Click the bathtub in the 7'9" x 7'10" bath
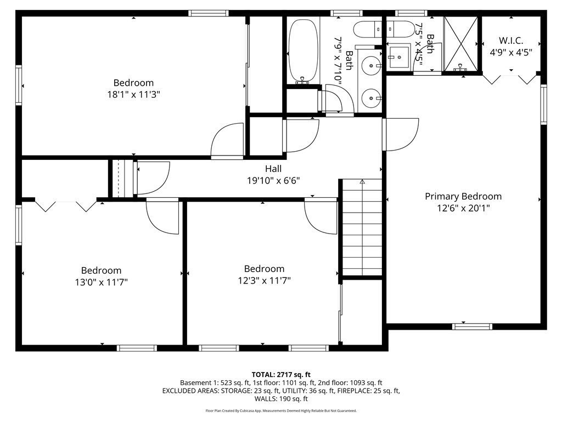tap(303, 51)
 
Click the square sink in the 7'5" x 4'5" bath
tap(398, 55)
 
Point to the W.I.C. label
tap(511, 41)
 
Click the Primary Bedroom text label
tap(463, 196)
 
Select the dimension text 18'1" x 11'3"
tap(134, 95)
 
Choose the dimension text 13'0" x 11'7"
tap(101, 282)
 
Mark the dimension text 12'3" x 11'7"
tap(264, 281)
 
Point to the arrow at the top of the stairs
tap(362, 181)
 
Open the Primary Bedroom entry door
tap(401, 135)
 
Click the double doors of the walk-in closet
tap(510, 78)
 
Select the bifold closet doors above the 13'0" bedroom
tap(65, 206)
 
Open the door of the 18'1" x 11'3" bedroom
tap(226, 142)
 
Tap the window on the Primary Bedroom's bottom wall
tap(472, 326)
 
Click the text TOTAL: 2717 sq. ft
tap(281, 374)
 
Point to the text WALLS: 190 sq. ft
tap(281, 399)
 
